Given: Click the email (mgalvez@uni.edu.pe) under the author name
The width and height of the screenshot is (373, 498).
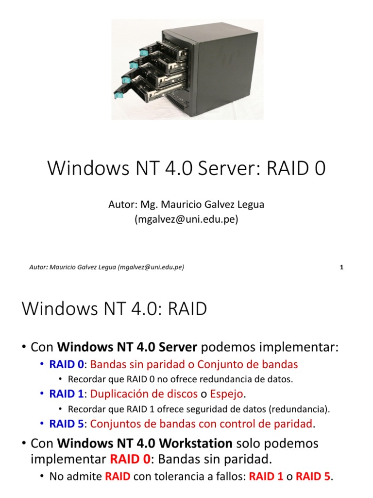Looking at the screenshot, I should click(x=186, y=219).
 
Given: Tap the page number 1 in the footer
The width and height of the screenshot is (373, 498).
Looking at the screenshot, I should click(x=342, y=267).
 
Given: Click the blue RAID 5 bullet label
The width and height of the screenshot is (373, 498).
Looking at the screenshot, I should click(x=67, y=424).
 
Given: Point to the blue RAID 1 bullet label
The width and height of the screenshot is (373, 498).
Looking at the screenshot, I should click(x=67, y=393).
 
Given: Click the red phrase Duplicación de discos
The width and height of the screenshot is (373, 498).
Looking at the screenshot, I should click(x=144, y=393).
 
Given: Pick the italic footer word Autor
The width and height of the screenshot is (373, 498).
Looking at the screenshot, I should click(x=38, y=267).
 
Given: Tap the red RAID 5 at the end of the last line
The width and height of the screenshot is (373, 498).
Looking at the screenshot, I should click(x=313, y=477).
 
